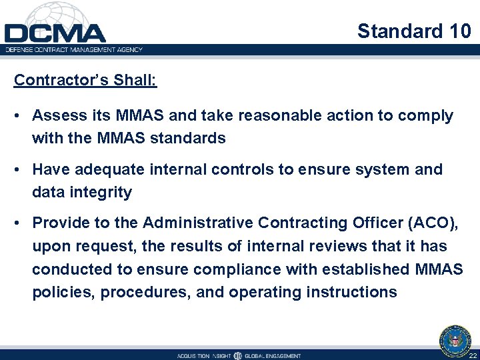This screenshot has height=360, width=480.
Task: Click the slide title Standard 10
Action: pos(414,31)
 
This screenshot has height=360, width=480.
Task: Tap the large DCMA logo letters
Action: pos(55,33)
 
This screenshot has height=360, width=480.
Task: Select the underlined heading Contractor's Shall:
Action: pos(85,80)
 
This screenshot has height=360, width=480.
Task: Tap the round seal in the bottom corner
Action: pos(455,341)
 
